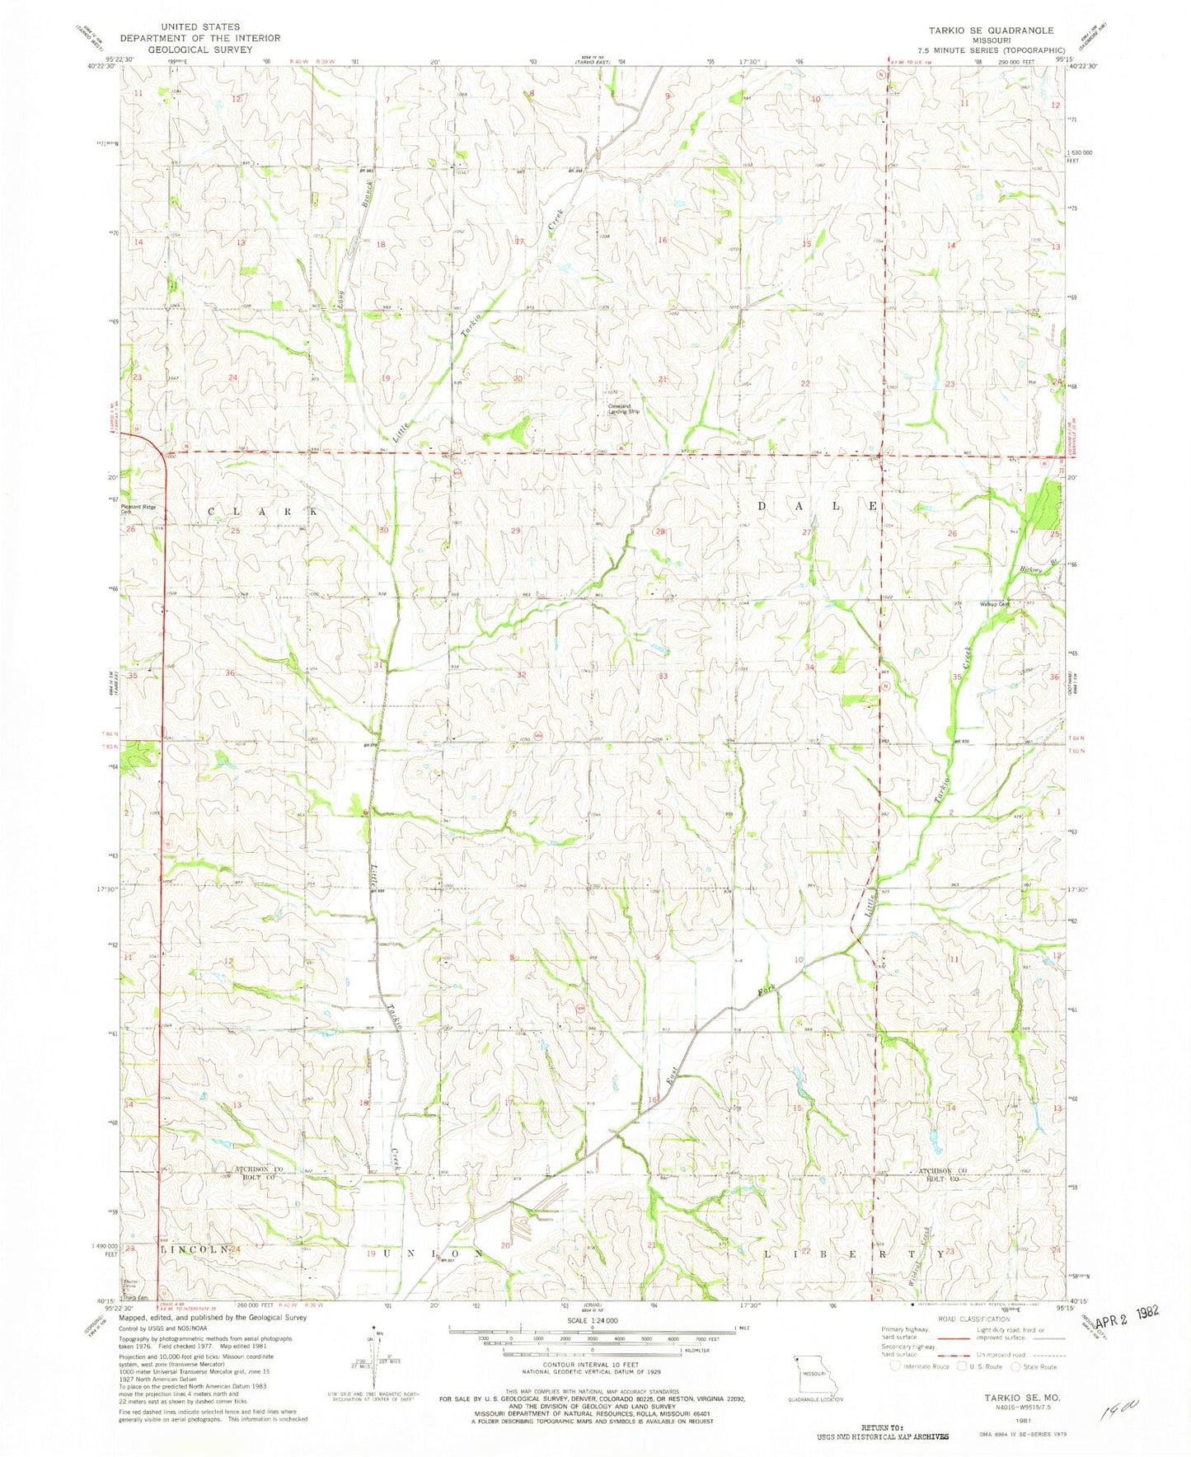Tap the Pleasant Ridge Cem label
pos(138,509)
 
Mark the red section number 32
pos(521,674)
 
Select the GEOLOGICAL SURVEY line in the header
pos(201,49)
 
